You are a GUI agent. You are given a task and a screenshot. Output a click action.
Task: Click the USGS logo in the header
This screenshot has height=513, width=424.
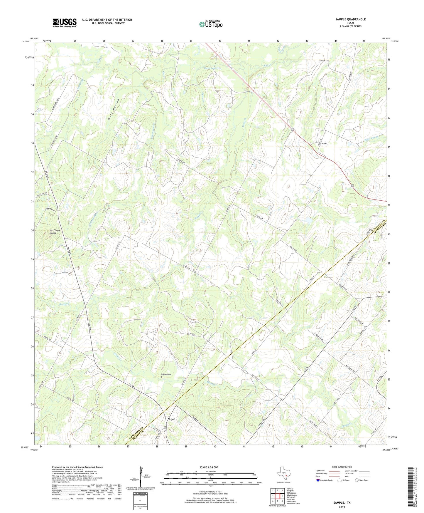[x=65, y=23]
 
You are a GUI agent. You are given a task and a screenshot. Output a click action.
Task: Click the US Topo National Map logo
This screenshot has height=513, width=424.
[x=211, y=24]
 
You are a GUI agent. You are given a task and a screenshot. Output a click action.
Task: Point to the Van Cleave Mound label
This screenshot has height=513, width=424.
[x=55, y=232]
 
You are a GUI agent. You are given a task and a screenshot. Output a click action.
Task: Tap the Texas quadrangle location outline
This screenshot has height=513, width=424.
[x=283, y=474]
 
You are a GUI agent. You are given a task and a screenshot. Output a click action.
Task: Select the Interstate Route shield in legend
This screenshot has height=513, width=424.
[x=318, y=480]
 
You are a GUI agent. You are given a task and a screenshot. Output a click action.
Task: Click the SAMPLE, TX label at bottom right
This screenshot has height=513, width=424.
[x=342, y=503]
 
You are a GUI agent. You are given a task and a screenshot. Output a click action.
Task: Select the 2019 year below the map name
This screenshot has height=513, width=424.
[x=342, y=507]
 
